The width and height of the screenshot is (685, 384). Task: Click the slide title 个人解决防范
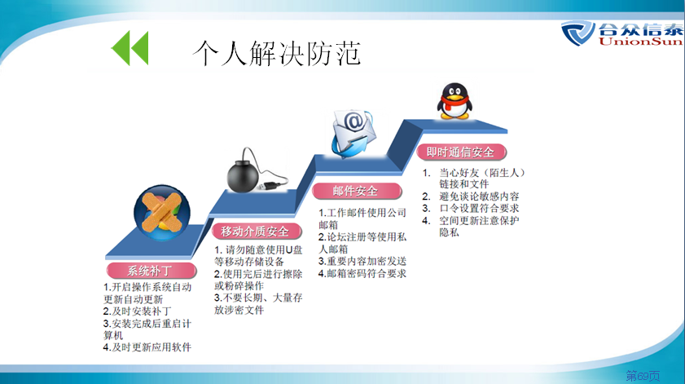(277, 53)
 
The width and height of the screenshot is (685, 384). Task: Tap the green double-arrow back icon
(130, 47)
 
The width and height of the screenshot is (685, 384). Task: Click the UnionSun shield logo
(577, 33)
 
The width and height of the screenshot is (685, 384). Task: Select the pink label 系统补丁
(151, 271)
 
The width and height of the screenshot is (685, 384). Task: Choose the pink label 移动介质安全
(257, 231)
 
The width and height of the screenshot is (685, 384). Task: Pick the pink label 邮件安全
(357, 191)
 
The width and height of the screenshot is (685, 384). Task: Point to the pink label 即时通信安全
(461, 152)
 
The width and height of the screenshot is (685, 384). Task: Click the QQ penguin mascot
(454, 101)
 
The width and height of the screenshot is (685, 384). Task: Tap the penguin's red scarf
(454, 104)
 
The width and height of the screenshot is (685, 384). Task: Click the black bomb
(244, 175)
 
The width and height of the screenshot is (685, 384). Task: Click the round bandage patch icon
(161, 213)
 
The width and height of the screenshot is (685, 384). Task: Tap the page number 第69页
(643, 376)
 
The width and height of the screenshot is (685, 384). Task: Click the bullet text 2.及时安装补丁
(137, 311)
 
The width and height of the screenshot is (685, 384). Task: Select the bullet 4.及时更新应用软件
(147, 347)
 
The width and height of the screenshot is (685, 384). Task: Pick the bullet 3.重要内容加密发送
(362, 261)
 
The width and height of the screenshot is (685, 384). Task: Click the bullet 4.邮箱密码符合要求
(362, 273)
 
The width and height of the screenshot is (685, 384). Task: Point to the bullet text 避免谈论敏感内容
(479, 196)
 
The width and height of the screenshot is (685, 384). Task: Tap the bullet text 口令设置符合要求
(479, 209)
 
